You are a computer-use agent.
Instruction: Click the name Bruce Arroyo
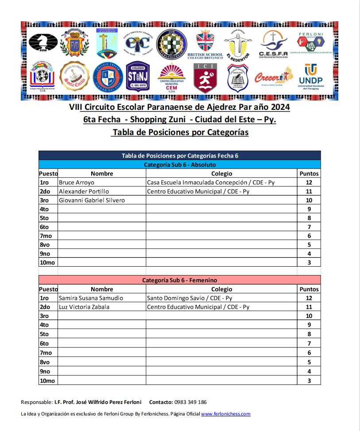(76, 182)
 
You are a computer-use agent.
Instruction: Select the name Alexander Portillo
(84, 191)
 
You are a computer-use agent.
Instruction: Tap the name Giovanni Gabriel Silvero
(92, 200)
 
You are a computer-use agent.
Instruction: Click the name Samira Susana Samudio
(91, 298)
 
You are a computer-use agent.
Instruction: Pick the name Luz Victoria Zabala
(84, 307)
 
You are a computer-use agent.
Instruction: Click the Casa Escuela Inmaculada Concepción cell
(211, 182)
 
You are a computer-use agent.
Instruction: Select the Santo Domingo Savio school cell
(190, 298)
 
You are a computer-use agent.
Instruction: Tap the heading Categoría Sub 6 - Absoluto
(179, 165)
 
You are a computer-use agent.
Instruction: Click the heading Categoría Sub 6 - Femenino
(179, 280)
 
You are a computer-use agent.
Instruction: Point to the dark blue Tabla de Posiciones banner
(179, 155)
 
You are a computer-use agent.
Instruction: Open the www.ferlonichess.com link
(226, 414)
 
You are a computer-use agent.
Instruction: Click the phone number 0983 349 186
(190, 402)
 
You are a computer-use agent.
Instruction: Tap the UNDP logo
(310, 77)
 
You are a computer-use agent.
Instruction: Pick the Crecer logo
(273, 77)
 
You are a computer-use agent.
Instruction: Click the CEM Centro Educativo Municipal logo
(171, 77)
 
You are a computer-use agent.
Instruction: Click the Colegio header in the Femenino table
(221, 289)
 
